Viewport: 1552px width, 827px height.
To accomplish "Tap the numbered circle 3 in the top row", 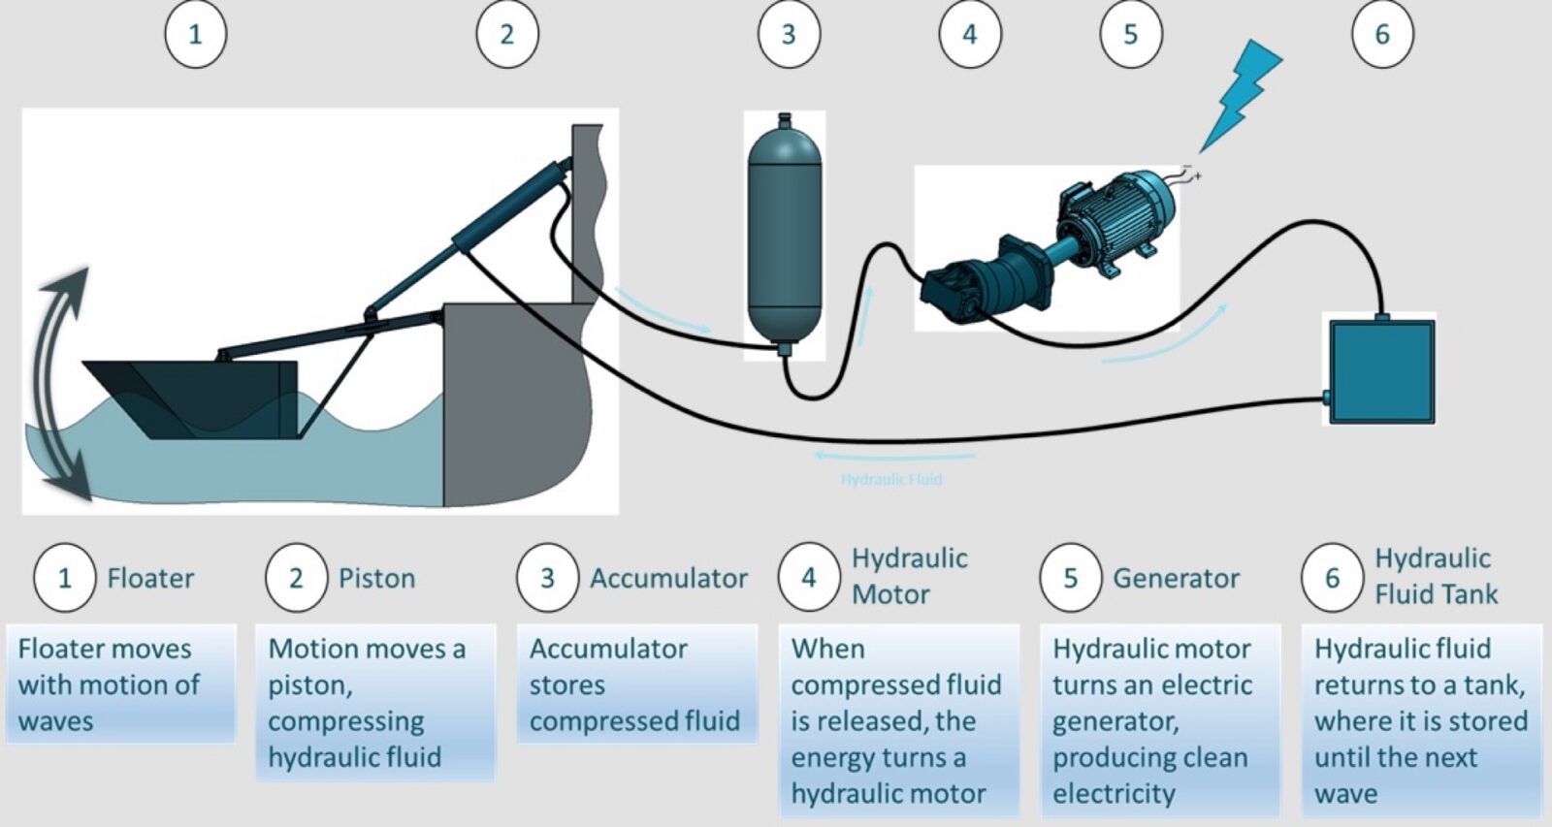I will [x=789, y=35].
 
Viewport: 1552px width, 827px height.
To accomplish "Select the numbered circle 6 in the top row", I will [x=1382, y=35].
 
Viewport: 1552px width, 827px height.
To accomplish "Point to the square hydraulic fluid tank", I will [x=1381, y=371].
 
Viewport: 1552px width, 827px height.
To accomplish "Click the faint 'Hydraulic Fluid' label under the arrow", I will [x=890, y=479].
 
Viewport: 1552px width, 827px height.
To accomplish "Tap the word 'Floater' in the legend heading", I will [x=150, y=579].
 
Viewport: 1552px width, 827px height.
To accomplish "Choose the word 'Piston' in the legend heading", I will [x=376, y=579].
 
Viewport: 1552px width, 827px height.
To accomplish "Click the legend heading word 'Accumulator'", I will [x=668, y=579].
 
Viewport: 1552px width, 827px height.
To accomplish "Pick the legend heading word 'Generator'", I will [x=1176, y=579].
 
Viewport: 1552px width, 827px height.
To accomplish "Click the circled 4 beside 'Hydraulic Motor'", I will [x=808, y=578].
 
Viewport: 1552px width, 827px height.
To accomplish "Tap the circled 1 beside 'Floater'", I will [x=65, y=578].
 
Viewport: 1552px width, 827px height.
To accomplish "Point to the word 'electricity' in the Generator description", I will [x=1114, y=794].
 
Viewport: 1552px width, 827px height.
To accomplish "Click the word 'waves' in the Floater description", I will [x=56, y=721].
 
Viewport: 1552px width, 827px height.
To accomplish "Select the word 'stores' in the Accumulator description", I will [x=567, y=685].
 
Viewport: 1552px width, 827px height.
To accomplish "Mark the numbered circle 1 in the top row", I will [x=195, y=35].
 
